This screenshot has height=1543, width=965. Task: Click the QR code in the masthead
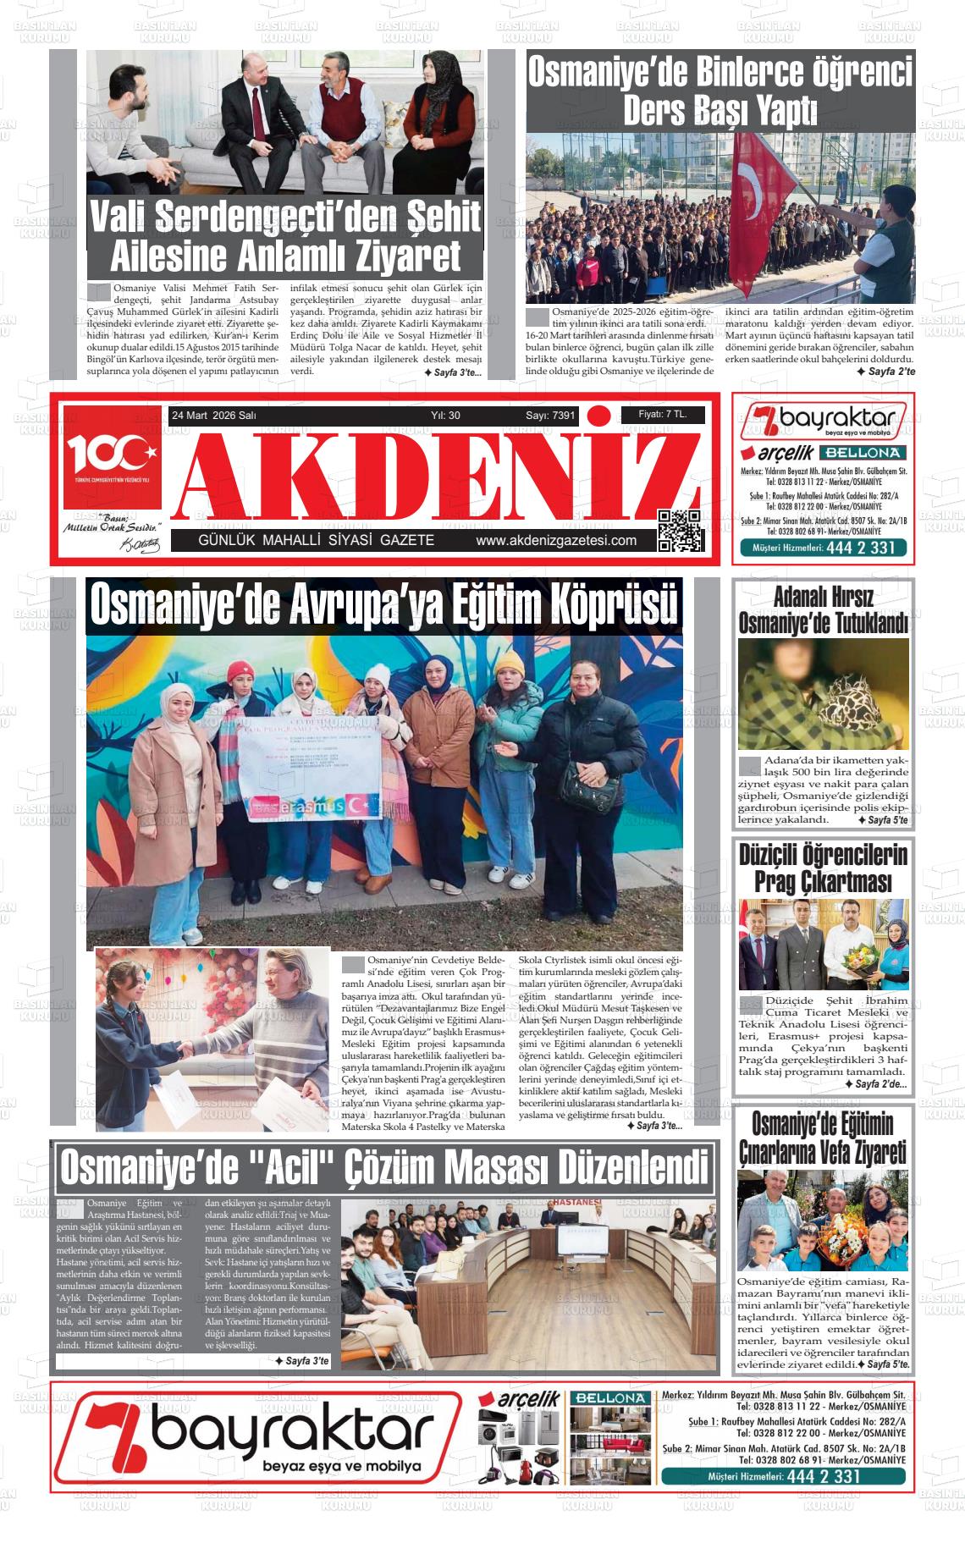coord(681,531)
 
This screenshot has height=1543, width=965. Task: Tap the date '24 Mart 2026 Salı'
coord(213,416)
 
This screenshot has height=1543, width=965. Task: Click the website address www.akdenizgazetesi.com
coord(555,541)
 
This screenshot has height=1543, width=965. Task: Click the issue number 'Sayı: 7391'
coord(550,416)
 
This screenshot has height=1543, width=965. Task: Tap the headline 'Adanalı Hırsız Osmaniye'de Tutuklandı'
coord(823,610)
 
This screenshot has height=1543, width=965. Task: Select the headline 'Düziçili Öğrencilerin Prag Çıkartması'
coord(823,868)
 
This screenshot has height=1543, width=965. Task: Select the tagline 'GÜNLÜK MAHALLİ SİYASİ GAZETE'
coord(316,541)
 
